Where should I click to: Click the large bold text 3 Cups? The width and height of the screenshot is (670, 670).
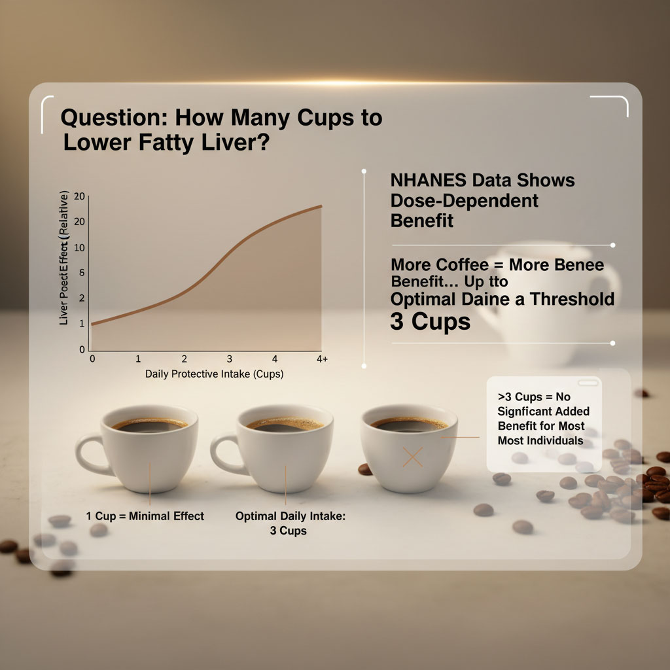[430, 322]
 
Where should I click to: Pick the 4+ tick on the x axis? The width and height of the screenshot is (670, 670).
[321, 359]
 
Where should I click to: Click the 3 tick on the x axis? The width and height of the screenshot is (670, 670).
[230, 359]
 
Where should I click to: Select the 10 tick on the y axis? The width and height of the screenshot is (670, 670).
[80, 248]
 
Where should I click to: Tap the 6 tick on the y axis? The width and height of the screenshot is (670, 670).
[82, 273]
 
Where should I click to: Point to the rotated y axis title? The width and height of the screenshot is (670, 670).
[64, 259]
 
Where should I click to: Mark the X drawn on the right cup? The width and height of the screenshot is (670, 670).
[413, 457]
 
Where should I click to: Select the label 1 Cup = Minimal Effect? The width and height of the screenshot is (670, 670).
[145, 516]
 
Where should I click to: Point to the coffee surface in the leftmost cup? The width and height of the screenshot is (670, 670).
[150, 425]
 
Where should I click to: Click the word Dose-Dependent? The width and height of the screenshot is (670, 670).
[464, 200]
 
